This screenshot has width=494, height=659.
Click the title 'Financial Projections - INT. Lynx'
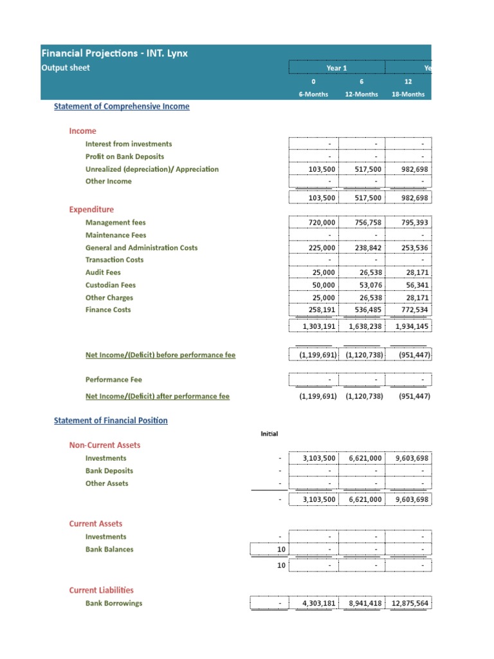click(114, 53)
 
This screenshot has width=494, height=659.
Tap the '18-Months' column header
click(408, 94)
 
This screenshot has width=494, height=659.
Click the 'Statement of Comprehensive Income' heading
click(122, 106)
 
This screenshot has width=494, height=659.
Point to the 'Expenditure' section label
click(91, 209)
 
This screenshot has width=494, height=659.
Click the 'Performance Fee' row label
click(113, 380)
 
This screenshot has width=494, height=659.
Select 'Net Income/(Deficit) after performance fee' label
click(157, 396)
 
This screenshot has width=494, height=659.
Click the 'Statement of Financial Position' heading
click(111, 420)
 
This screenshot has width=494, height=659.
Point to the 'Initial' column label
click(269, 434)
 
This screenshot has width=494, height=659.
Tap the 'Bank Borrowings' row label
click(114, 604)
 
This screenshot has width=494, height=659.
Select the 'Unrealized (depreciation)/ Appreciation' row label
click(152, 169)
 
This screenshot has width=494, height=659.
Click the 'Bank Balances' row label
click(109, 550)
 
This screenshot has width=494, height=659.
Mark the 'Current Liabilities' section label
click(101, 590)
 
